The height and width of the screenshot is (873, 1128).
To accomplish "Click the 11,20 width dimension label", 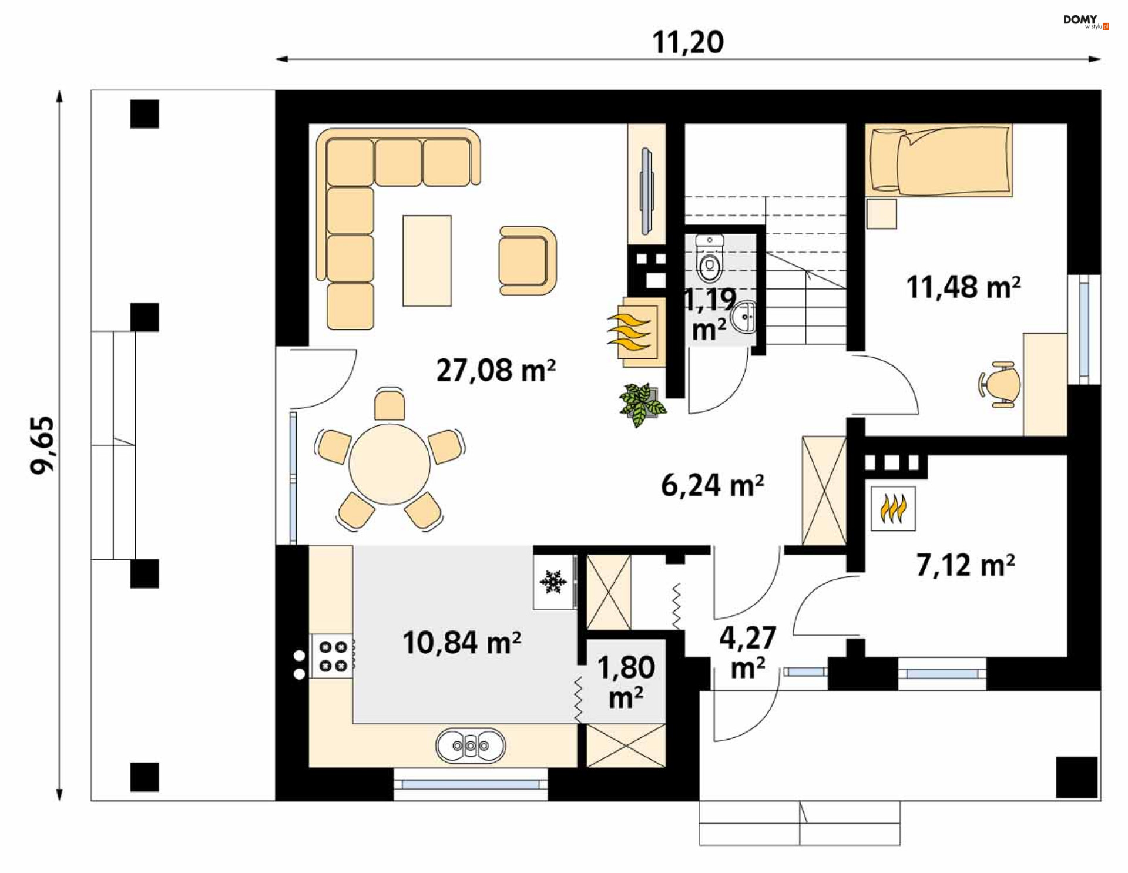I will click(688, 42).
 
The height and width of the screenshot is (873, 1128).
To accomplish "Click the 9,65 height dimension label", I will click(43, 445).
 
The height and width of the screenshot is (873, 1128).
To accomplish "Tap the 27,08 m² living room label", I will click(495, 370).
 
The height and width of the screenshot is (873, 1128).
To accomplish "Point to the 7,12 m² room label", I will click(965, 565).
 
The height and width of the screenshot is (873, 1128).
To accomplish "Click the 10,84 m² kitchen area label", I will click(461, 642).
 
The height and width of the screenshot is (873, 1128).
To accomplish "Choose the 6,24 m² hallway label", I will click(712, 486).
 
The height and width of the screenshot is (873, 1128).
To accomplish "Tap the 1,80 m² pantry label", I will click(626, 682).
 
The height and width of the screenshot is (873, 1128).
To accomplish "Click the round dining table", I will click(390, 464).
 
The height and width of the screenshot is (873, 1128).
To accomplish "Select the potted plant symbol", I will click(642, 404).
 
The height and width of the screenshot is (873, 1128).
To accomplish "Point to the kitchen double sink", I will click(471, 746).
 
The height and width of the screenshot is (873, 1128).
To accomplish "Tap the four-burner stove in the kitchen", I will click(333, 656).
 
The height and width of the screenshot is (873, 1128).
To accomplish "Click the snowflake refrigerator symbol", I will click(553, 582).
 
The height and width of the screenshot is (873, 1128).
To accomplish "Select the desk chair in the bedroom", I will click(1001, 384).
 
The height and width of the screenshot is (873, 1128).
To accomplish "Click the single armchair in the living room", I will click(526, 261).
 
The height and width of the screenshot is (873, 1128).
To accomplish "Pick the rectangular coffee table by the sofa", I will click(427, 260).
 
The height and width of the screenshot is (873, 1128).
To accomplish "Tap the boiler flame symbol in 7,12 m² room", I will click(893, 509).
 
